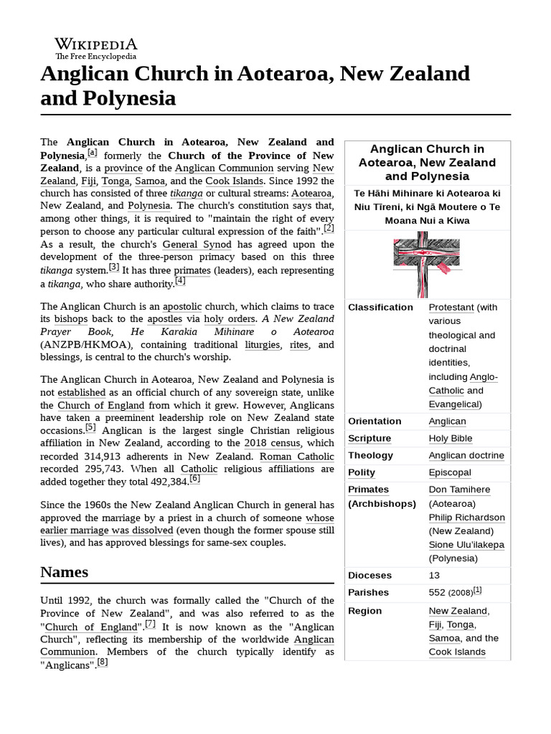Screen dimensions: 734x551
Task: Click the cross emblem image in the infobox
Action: pos(427,263)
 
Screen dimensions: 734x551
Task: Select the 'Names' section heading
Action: pos(65,572)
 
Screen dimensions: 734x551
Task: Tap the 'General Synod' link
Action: pos(197,244)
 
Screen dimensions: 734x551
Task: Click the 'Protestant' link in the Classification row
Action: pos(451,308)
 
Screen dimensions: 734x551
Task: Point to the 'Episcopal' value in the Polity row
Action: pos(450,472)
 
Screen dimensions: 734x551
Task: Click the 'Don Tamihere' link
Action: pos(459,490)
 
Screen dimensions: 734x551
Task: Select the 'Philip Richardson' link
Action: pos(466,518)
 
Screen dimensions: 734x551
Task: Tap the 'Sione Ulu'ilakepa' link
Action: pos(466,545)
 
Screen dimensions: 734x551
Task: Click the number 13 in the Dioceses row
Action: pos(435,576)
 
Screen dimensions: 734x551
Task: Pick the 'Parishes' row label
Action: pos(368,593)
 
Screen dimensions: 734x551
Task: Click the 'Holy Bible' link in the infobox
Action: pos(451,439)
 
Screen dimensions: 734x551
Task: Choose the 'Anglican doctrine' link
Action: pos(466,456)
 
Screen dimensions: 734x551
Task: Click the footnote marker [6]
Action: pos(194,479)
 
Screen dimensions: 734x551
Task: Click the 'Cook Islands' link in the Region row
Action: pos(457,652)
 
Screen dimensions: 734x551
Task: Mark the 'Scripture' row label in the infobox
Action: pos(369,439)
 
